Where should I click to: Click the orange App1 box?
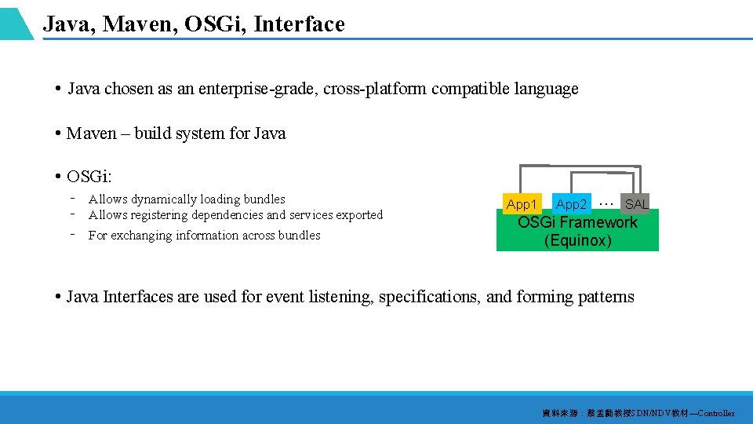pos(522,204)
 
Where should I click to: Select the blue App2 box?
pos(571,204)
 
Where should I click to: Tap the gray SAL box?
pos(636,204)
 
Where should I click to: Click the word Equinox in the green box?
pos(578,241)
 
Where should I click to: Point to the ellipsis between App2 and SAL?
pos(606,202)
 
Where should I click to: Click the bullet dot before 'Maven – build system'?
pos(59,133)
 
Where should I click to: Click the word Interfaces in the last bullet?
pos(138,297)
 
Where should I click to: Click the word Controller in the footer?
pos(715,413)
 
